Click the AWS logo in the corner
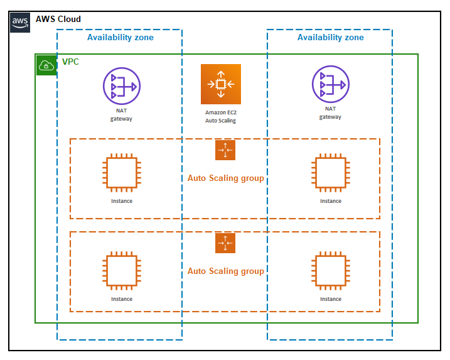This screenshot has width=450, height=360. coord(20,21)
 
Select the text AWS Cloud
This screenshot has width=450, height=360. coord(58,19)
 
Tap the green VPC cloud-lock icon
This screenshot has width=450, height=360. coord(46,65)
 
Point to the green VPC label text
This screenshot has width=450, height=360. coord(70,62)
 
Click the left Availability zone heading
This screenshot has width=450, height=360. coord(121,38)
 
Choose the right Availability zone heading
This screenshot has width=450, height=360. coord(330,38)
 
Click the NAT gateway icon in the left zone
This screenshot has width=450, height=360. coord(121,86)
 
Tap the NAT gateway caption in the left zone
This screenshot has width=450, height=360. coord(121,114)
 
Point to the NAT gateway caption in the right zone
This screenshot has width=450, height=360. coord(330,112)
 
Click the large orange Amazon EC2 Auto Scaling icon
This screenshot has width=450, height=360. coord(221,84)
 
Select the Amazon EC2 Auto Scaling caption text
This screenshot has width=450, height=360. coord(221,116)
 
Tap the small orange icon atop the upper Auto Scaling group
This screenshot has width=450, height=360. coord(225,150)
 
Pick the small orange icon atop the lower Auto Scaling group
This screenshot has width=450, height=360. coord(225,243)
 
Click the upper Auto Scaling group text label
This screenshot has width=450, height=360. coord(225,178)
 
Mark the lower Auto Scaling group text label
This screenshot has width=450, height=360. coord(225,271)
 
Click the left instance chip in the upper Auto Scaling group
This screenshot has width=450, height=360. coord(121,172)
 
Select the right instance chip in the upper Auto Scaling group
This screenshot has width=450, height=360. coord(330,172)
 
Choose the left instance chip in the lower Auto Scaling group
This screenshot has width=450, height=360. coord(121,270)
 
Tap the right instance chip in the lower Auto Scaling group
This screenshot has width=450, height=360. coord(330,270)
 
